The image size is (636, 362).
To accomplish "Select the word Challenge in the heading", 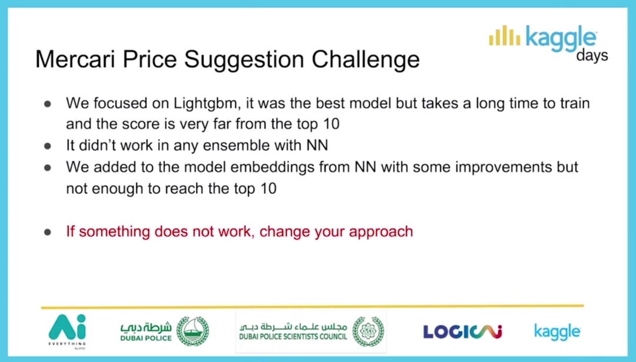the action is click(x=366, y=60).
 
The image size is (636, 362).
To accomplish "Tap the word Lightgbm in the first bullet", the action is click(x=206, y=104).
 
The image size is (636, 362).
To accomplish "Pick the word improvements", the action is click(x=503, y=167).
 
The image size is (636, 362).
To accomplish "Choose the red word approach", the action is click(x=380, y=232).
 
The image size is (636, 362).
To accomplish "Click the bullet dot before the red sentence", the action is click(x=48, y=233).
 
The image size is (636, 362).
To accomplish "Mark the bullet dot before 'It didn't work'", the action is click(x=48, y=146).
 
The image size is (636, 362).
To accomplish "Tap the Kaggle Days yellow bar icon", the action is click(x=505, y=36).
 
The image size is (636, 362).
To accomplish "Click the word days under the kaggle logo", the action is click(x=592, y=55).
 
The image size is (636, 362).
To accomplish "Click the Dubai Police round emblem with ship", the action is click(x=193, y=331).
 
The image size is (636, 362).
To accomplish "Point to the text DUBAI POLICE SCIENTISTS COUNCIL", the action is click(x=293, y=337).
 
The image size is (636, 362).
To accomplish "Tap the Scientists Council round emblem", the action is click(x=368, y=331).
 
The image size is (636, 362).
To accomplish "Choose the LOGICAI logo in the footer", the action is click(x=462, y=331).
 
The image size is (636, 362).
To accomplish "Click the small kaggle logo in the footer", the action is click(x=557, y=331).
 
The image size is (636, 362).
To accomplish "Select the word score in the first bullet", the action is click(x=141, y=124).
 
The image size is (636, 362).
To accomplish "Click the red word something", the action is click(x=115, y=232).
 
